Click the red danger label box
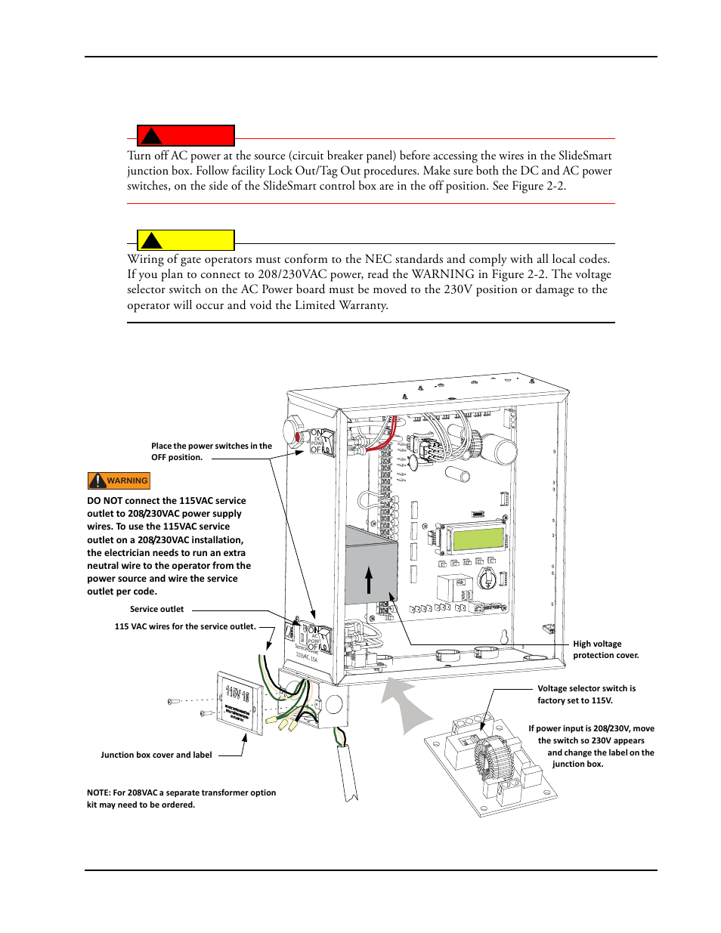click(x=186, y=136)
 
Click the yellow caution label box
click(x=186, y=240)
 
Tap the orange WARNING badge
click(x=119, y=480)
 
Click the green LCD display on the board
click(x=478, y=539)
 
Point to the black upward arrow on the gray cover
click(x=369, y=580)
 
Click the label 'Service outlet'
click(x=156, y=609)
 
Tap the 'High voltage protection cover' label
click(x=605, y=650)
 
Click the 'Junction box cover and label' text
click(x=156, y=755)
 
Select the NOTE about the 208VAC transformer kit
click(x=181, y=799)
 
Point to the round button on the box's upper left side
click(x=293, y=432)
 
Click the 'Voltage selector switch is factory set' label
click(x=586, y=694)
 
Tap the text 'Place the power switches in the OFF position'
click(x=211, y=452)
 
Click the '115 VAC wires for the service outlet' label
click(x=185, y=626)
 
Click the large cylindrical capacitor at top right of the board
click(x=499, y=450)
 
